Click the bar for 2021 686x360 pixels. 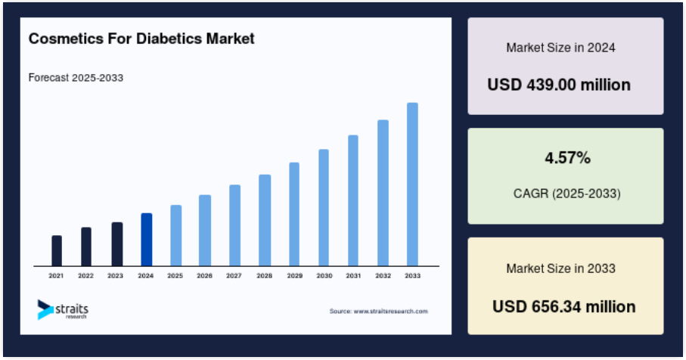pos(57,250)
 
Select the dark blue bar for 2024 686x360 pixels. pos(147,239)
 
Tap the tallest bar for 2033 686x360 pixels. pos(412,184)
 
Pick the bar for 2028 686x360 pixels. pos(265,220)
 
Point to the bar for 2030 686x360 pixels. pos(324,207)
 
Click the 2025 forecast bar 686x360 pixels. pos(176,235)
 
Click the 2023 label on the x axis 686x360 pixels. pos(115,275)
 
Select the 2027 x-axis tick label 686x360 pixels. pos(234,275)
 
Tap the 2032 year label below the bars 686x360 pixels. pos(383,275)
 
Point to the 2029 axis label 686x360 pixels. pos(294,275)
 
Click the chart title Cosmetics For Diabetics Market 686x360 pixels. pos(141,39)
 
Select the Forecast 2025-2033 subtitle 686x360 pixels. pos(76,78)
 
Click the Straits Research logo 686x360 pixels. pos(63,309)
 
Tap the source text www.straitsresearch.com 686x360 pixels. pos(379,312)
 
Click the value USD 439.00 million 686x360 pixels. pos(559,85)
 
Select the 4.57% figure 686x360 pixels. pos(567,157)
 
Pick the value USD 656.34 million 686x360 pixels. pos(564,306)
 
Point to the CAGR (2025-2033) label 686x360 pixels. pos(567,194)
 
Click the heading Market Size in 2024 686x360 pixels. pos(561,47)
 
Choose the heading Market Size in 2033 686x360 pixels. pos(561,268)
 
